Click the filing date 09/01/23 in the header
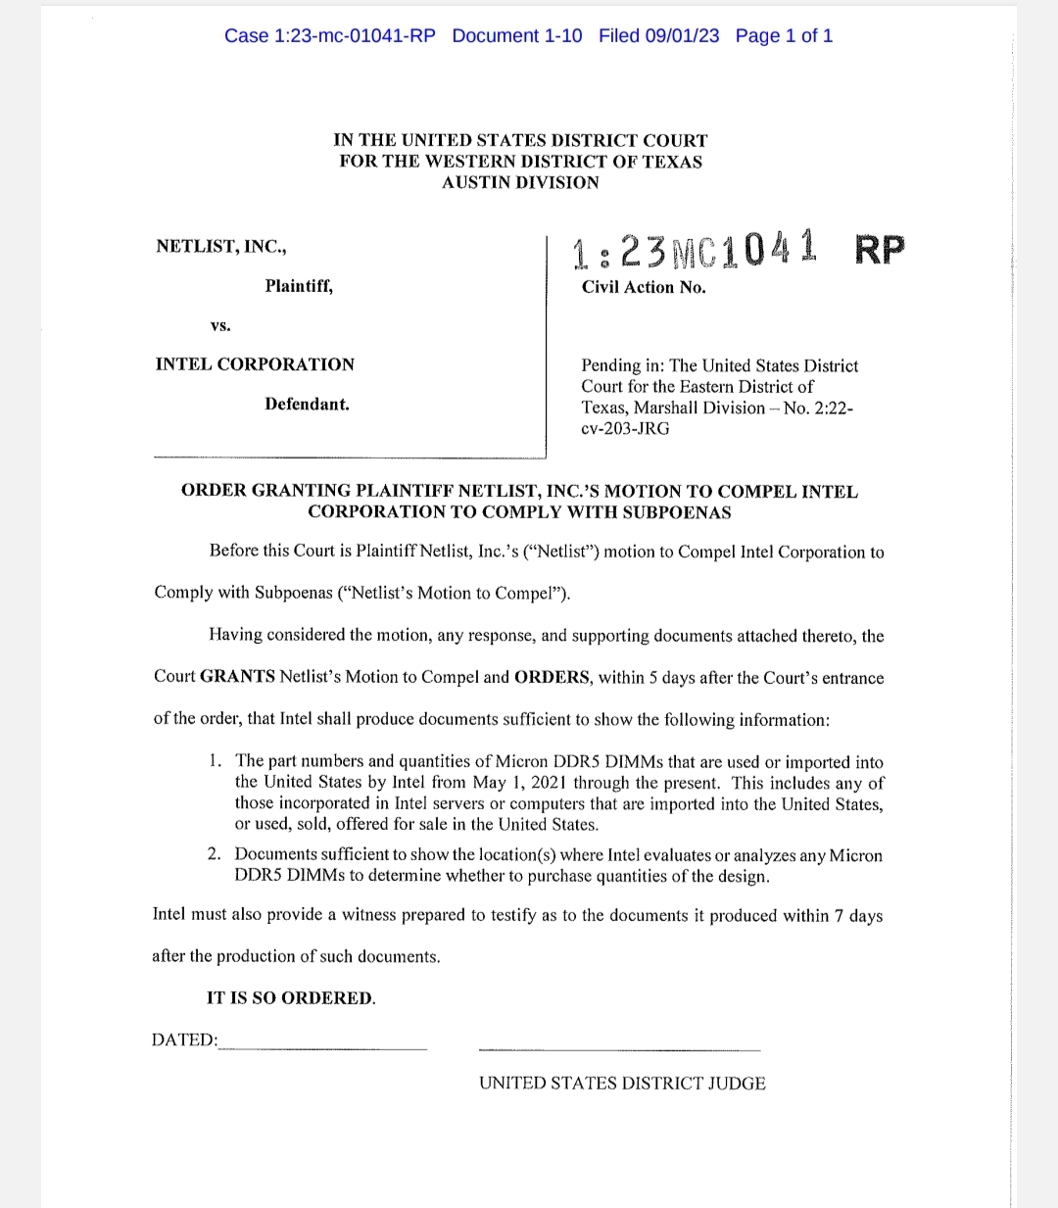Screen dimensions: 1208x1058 point(658,36)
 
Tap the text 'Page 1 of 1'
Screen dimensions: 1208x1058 point(784,36)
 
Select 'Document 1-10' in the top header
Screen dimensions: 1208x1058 point(516,36)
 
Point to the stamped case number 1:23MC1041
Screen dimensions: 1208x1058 point(695,250)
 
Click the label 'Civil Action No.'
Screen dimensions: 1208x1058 point(644,287)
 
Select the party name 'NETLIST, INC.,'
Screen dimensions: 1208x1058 point(221,246)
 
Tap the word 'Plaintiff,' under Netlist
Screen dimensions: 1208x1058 point(299,286)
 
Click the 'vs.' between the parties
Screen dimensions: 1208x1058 point(220,325)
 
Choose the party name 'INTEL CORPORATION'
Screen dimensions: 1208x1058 point(255,364)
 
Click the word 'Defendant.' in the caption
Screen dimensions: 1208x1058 point(307,404)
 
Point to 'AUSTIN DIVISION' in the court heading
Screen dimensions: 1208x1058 point(520,182)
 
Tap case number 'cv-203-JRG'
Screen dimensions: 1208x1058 point(625,428)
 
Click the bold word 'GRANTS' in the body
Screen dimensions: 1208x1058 point(237,677)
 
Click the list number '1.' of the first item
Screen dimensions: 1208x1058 point(216,761)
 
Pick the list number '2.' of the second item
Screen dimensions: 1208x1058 point(215,854)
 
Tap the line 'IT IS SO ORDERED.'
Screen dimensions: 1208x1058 point(291,998)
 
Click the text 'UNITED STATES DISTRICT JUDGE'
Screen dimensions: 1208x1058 point(622,1083)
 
